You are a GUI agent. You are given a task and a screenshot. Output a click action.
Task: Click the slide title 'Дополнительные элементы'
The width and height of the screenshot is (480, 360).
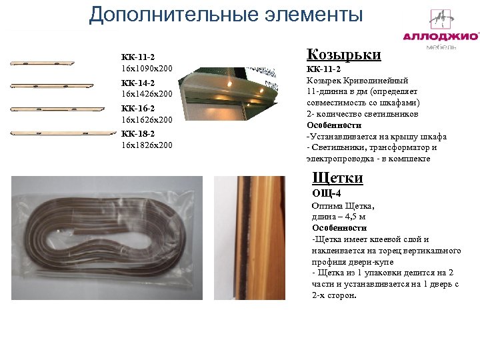226,15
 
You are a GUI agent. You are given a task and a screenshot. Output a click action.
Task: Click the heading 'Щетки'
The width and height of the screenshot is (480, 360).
338,178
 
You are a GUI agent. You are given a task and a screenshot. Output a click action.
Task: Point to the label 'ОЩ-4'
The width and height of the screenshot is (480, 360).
327,193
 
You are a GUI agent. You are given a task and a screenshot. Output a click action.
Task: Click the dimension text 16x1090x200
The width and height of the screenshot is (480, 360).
147,69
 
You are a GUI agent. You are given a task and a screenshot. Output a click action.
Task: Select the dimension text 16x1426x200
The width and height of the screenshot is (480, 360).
147,94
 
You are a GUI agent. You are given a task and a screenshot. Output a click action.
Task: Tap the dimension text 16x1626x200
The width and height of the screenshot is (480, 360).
147,119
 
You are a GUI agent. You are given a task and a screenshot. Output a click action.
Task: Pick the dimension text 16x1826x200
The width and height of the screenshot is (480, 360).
147,145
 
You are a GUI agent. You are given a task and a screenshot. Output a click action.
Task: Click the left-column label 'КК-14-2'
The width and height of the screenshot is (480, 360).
138,83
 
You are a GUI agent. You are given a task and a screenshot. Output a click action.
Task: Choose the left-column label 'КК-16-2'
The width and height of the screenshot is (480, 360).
138,108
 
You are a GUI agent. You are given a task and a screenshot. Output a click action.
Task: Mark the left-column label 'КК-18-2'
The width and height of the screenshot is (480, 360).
138,133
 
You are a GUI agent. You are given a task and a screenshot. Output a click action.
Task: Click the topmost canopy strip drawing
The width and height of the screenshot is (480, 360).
41,64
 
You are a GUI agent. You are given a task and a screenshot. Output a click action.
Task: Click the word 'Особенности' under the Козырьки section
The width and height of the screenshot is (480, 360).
334,125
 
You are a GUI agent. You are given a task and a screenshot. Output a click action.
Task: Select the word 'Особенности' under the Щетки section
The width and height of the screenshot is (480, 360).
339,228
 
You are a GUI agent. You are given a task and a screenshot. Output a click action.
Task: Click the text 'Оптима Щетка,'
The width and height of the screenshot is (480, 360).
343,206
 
